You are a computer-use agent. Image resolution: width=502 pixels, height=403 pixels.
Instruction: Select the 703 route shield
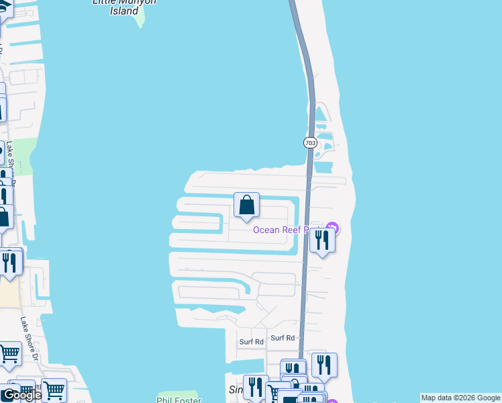[x=309, y=142]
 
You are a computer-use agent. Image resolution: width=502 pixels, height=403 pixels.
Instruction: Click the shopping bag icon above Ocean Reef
[x=246, y=205]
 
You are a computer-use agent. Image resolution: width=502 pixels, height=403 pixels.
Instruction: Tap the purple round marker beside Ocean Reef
[x=332, y=229]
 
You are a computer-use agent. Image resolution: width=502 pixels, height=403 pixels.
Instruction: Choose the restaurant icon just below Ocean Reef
[x=323, y=240]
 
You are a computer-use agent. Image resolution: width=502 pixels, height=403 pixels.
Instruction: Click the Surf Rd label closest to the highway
[x=283, y=338]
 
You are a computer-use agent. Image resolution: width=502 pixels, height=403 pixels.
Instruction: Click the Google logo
[x=21, y=395]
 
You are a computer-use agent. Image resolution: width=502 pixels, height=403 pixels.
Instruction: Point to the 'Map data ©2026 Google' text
[x=460, y=398]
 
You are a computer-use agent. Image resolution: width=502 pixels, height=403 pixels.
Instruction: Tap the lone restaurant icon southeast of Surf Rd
[x=323, y=365]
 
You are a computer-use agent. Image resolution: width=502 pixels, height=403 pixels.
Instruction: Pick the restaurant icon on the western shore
[x=9, y=261]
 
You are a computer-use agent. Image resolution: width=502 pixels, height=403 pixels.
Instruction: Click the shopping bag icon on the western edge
[x=4, y=217]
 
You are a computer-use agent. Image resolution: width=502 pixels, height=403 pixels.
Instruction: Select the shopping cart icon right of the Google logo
[x=54, y=390]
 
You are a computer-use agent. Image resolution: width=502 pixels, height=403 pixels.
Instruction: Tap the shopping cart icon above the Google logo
[x=9, y=353]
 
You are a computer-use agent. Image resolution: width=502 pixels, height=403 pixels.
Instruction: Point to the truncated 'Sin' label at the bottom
[x=236, y=390]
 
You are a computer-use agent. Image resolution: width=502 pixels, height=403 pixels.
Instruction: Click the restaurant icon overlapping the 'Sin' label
[x=255, y=386]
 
